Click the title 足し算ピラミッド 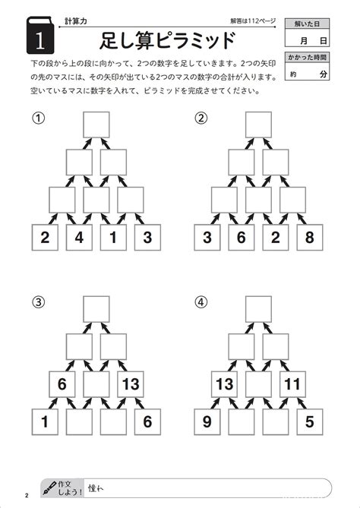167,40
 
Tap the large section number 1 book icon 40,35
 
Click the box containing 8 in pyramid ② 310,238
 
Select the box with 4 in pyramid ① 79,238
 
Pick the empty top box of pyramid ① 96,125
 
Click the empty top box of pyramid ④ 258,309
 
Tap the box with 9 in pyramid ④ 207,422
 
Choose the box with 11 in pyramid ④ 292,384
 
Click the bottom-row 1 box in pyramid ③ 45,422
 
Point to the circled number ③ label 38,302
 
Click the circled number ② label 201,118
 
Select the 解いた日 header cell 307,24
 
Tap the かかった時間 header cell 307,58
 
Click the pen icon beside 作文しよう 49,487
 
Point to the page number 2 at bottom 27,495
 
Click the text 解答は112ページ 253,21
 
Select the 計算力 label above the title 76,21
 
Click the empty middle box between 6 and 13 96,384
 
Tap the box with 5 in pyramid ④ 310,422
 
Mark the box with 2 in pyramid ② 276,238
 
